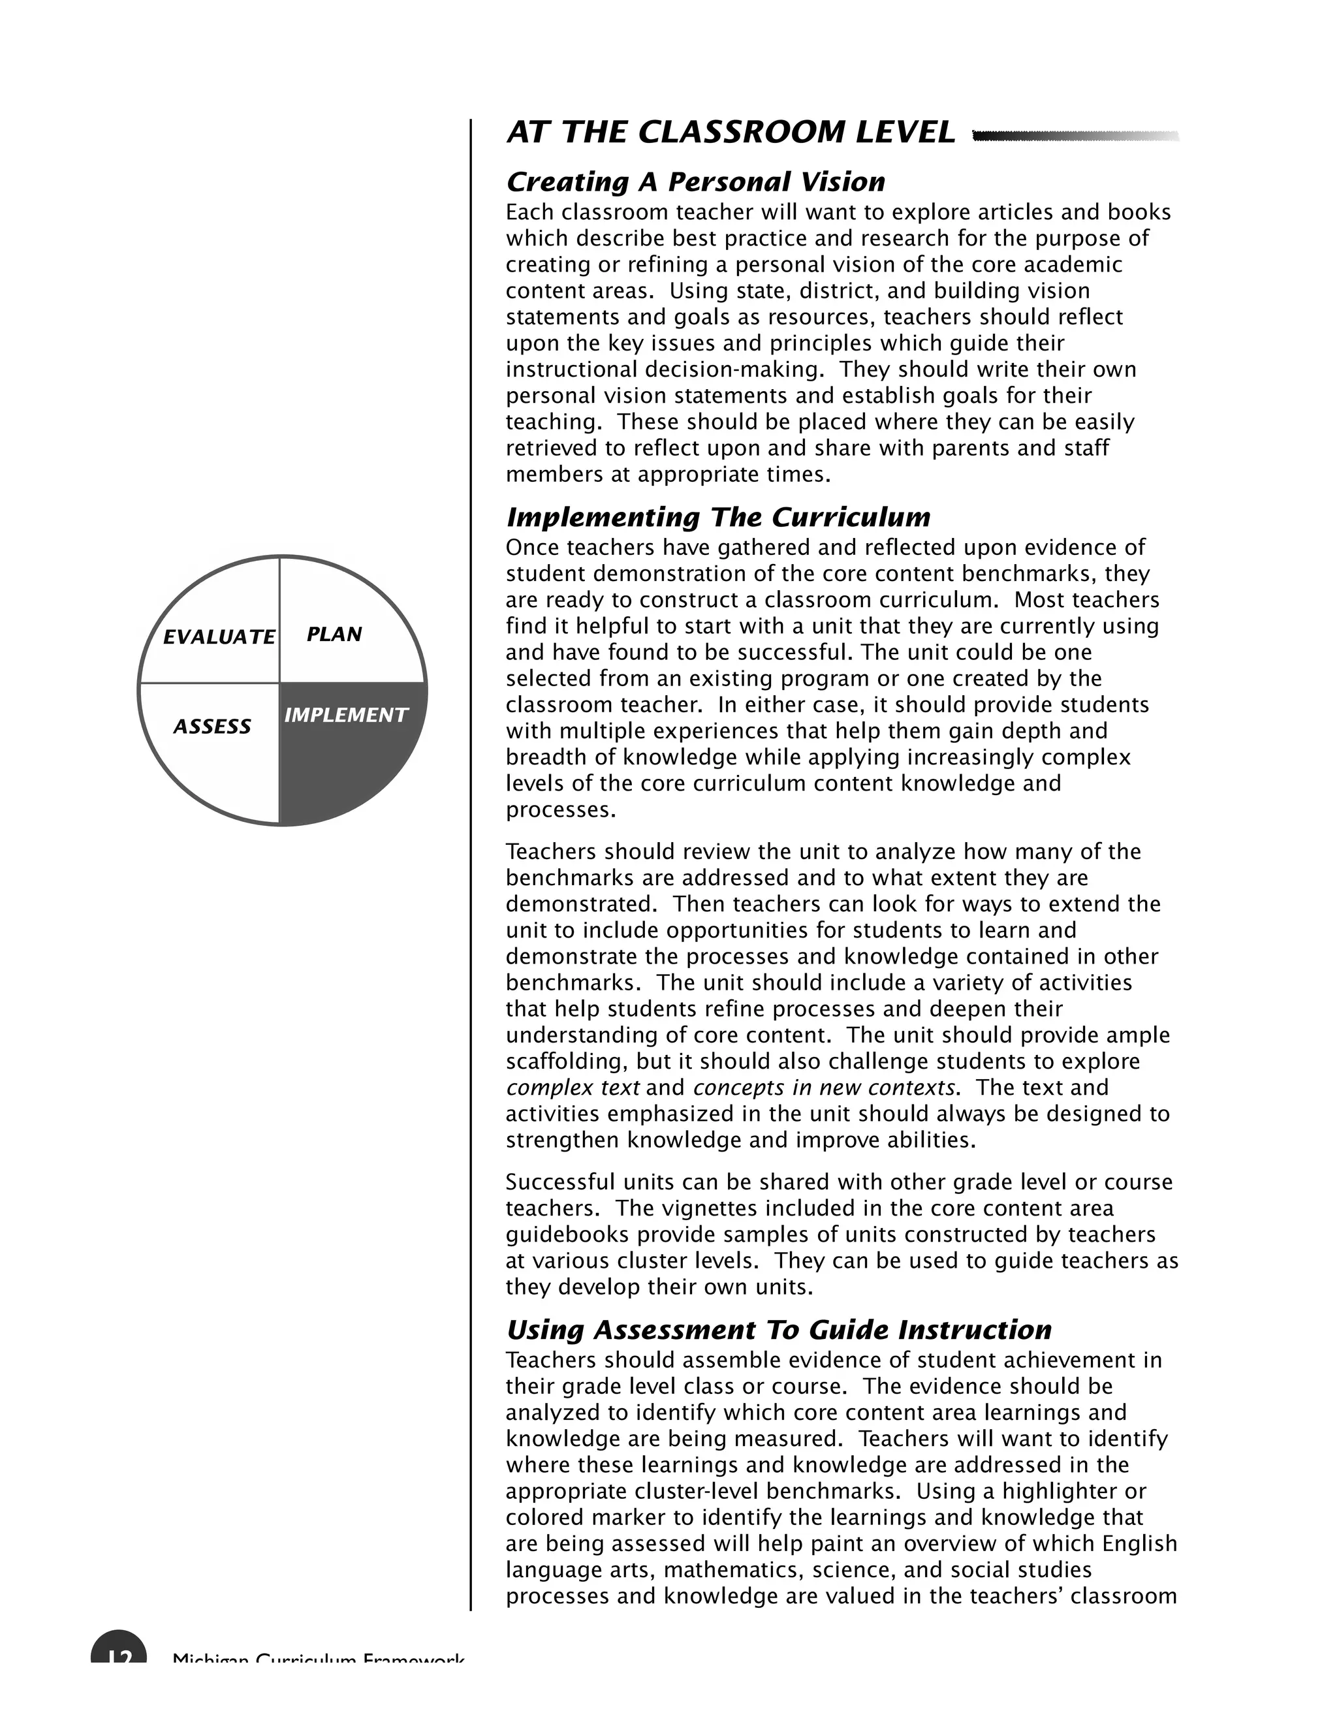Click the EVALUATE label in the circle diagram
tap(219, 637)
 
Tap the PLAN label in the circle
tap(334, 635)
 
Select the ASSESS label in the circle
tap(212, 727)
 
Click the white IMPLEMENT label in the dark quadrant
tap(345, 716)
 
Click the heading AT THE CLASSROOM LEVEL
tap(731, 133)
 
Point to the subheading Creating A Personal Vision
tap(695, 182)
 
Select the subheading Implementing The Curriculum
tap(717, 517)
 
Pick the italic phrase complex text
tap(572, 1088)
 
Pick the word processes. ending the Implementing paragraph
tap(560, 810)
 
